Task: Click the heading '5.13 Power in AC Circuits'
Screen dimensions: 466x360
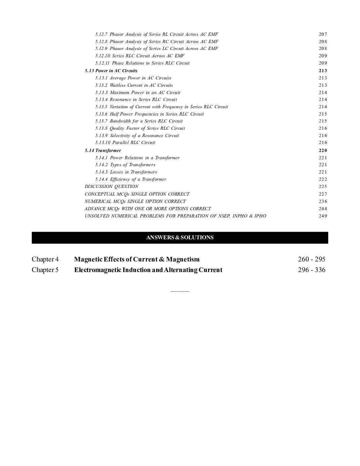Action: (111, 70)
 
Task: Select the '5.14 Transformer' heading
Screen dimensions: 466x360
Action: (103, 150)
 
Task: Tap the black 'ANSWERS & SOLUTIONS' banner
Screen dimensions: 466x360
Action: (180, 238)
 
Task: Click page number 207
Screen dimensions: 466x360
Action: (323, 34)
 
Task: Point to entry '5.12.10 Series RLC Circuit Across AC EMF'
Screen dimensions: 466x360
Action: (140, 56)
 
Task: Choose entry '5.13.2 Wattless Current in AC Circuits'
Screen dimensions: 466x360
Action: (134, 85)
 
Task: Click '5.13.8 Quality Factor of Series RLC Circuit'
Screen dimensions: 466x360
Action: (140, 128)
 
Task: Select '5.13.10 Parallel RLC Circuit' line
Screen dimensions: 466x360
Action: (125, 142)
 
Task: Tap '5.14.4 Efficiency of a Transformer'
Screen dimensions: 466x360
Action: (131, 179)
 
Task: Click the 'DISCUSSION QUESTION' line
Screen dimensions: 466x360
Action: (112, 186)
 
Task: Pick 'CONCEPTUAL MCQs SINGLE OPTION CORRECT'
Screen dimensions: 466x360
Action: (137, 194)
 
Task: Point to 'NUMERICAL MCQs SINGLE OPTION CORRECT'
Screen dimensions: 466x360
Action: (135, 201)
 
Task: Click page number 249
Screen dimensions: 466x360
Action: (323, 216)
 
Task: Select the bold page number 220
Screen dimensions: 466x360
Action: (323, 150)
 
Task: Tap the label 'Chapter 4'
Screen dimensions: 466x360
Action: (45, 259)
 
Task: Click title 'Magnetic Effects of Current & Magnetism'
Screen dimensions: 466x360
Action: (137, 259)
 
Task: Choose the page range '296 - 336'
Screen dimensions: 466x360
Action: (311, 270)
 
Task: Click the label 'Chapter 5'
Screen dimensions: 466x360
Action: (45, 270)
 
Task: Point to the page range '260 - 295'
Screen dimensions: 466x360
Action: (311, 259)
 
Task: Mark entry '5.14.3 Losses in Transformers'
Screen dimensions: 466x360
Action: (126, 172)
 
